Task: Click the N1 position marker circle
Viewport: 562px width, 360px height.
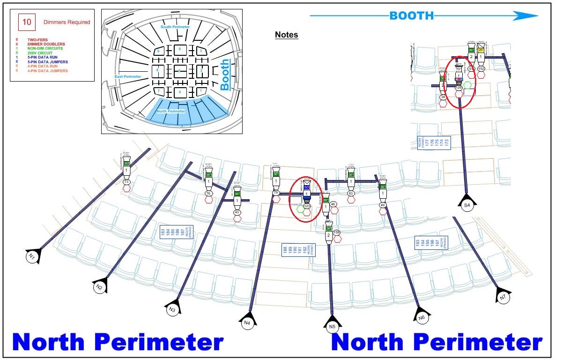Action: (x=31, y=256)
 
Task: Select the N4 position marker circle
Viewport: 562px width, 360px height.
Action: (x=247, y=322)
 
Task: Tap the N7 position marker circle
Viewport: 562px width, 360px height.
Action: (x=503, y=298)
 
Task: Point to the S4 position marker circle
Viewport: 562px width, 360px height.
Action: (x=467, y=206)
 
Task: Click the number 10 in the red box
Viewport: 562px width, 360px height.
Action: (x=27, y=22)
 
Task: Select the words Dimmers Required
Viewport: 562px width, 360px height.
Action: (x=67, y=22)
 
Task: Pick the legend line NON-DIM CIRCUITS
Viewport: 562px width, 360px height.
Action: (x=45, y=48)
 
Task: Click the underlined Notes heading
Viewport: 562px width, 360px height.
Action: (x=286, y=35)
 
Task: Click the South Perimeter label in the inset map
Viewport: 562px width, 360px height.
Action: (x=175, y=27)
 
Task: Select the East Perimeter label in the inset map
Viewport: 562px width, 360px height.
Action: (x=128, y=76)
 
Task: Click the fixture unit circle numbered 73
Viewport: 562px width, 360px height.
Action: (x=126, y=182)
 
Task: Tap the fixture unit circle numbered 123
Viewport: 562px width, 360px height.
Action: (x=307, y=206)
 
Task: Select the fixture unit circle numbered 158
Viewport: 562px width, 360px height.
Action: (x=336, y=232)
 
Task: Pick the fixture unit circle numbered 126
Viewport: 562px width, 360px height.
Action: (x=459, y=87)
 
